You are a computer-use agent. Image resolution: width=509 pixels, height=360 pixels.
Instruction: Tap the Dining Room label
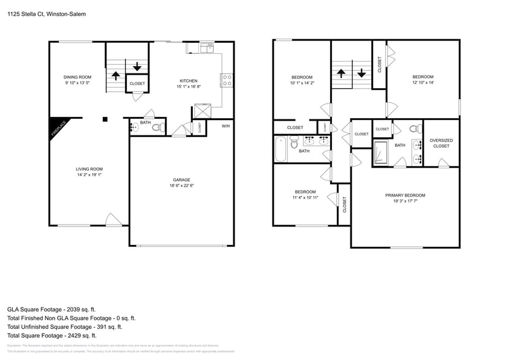77,77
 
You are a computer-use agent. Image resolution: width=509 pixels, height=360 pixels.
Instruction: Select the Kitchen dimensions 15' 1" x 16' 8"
188,87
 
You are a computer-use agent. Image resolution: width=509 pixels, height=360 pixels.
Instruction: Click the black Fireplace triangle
58,127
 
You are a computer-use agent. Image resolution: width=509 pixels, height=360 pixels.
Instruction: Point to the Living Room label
89,169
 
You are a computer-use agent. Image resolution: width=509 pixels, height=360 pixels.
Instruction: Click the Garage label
181,179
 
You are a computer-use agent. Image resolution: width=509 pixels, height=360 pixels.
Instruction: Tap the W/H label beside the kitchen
225,126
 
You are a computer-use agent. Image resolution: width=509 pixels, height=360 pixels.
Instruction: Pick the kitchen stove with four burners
226,80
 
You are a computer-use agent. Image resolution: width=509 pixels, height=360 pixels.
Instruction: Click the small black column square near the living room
105,119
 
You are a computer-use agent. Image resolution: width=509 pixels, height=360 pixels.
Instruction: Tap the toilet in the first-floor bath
157,128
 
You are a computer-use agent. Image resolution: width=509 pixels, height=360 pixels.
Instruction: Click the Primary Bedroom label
405,195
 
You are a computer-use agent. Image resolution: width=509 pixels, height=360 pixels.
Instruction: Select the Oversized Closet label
441,143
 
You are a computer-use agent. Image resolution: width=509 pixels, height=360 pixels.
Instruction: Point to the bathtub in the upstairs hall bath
281,149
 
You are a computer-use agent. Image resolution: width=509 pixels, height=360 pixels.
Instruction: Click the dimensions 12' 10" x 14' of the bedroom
423,83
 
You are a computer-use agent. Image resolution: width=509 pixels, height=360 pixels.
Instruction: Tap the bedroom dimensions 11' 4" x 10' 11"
304,198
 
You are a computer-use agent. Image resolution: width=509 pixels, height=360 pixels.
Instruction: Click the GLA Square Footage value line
51,310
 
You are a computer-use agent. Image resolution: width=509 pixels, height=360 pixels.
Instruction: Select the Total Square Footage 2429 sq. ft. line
51,336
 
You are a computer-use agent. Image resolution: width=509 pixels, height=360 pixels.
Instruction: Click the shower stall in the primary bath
380,153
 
